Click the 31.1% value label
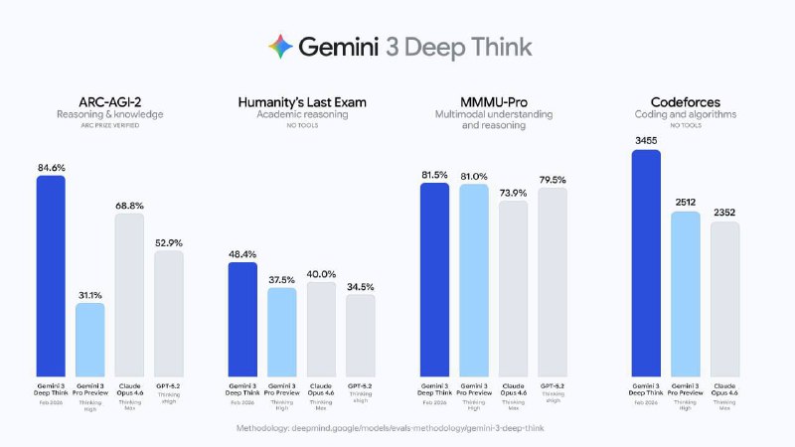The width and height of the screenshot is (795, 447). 90,294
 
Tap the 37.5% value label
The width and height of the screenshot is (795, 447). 281,279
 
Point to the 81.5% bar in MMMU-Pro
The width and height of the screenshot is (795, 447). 434,279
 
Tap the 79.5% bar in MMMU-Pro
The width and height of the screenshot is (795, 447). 553,282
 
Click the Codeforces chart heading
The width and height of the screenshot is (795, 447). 686,101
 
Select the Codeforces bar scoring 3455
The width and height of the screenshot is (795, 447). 646,262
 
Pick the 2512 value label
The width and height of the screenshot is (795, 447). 686,203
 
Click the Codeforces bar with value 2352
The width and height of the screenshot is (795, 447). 725,299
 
